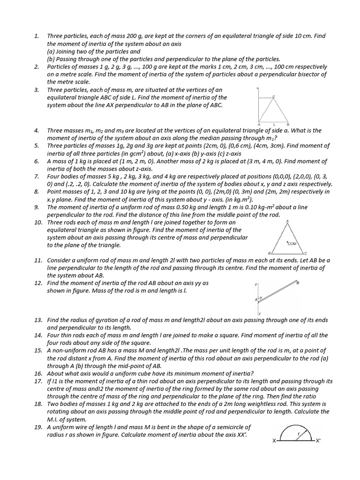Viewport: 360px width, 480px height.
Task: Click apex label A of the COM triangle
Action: pos(287,221)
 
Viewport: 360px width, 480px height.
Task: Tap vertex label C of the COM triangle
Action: pos(306,254)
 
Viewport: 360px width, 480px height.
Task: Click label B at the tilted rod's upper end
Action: pos(298,283)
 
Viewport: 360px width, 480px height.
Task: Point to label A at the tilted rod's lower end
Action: pos(256,299)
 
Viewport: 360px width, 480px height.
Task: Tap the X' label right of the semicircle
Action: pos(318,441)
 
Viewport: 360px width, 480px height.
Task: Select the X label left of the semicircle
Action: pos(274,441)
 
